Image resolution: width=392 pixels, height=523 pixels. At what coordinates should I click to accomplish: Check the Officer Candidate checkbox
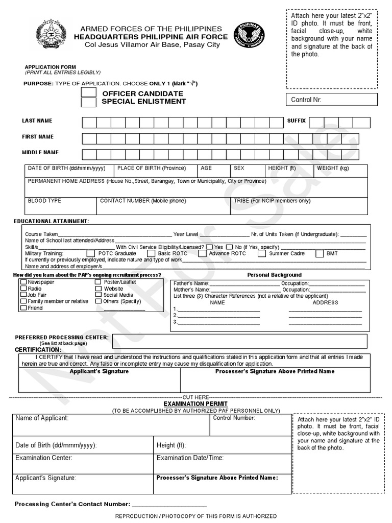[x=89, y=92]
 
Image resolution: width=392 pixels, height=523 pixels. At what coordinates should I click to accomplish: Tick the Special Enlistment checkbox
[x=89, y=102]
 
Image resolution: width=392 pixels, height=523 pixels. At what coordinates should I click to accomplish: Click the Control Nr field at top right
[x=332, y=100]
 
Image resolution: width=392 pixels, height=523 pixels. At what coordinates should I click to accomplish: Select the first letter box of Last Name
[x=89, y=122]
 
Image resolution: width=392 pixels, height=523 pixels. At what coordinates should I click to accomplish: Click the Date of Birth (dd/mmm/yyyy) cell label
[x=66, y=168]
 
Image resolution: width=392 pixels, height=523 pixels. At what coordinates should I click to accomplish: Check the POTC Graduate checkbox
[x=91, y=253]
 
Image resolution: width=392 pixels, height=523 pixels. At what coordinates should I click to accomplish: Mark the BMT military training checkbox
[x=319, y=253]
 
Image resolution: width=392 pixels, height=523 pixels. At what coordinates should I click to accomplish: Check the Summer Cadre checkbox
[x=261, y=253]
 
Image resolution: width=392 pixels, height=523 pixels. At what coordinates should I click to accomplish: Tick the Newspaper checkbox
[x=23, y=282]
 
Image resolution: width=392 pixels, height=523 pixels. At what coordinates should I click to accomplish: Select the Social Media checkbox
[x=99, y=295]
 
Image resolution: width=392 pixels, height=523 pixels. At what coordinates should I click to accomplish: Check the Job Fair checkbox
[x=23, y=295]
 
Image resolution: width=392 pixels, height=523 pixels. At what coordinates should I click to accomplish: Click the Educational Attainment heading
[x=51, y=221]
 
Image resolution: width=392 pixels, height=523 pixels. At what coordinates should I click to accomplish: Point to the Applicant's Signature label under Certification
[x=99, y=371]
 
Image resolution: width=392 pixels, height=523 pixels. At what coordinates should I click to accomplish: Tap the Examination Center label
[x=44, y=458]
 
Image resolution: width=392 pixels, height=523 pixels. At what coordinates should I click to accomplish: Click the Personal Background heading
[x=274, y=275]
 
